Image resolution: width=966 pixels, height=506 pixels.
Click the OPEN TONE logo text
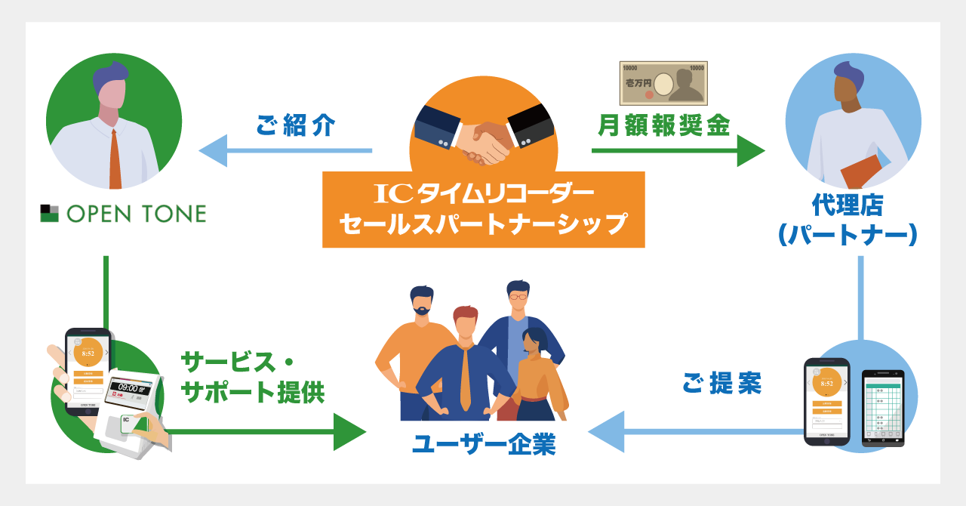[136, 214]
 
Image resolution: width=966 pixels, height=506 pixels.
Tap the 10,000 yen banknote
[663, 83]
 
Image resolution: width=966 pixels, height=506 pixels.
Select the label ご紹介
[295, 125]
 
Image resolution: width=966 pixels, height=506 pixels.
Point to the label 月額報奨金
[663, 125]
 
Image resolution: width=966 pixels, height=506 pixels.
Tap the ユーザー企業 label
[484, 445]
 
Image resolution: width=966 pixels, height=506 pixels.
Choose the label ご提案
[721, 384]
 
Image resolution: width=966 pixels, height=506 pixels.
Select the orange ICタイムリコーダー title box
[483, 209]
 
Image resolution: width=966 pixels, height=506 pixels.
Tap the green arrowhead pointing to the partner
[750, 151]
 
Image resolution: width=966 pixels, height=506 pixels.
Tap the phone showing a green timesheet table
[882, 408]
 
